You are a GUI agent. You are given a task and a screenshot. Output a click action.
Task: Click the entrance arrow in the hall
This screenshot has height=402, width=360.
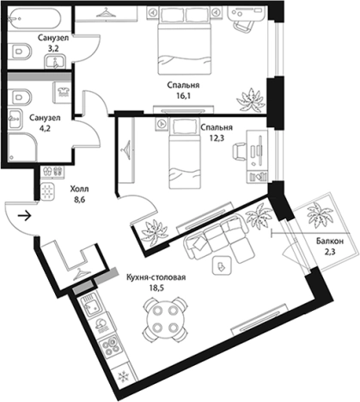tap(25, 216)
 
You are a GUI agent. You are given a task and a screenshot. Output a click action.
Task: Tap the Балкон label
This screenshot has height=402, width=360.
tap(330, 241)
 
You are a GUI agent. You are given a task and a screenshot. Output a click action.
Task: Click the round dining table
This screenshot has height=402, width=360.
tap(165, 319)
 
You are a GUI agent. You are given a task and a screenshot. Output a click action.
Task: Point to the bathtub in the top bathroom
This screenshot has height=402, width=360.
tap(34, 19)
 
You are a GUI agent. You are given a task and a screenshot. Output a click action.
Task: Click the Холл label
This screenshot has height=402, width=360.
tap(79, 189)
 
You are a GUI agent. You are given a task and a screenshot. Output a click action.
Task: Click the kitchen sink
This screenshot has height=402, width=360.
tap(90, 307)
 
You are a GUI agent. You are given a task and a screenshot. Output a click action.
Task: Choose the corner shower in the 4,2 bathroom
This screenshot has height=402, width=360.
tap(22, 148)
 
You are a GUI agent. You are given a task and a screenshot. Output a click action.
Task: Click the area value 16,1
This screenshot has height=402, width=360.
tap(184, 95)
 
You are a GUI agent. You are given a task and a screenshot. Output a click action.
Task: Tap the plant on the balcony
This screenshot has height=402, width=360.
tap(318, 215)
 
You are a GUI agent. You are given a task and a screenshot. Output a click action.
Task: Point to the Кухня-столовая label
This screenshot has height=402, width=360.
tap(156, 277)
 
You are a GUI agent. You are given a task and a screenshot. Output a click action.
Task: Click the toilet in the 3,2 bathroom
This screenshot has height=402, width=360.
tap(19, 52)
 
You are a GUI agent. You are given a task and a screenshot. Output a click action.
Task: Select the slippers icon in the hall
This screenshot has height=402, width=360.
tap(52, 173)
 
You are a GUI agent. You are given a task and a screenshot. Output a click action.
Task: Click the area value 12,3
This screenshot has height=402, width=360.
tap(217, 138)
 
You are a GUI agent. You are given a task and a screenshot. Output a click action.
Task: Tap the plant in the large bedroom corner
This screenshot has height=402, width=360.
tap(250, 100)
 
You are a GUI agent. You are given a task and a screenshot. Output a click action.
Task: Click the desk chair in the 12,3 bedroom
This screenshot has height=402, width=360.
tap(240, 151)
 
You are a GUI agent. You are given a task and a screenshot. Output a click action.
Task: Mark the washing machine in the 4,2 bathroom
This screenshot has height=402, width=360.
tap(62, 92)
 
